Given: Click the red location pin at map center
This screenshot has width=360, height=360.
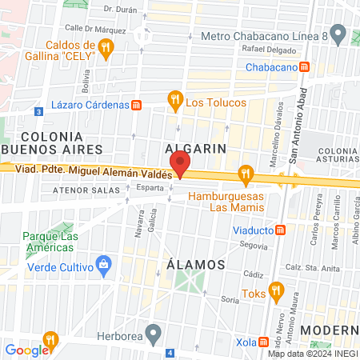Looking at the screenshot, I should [180, 163].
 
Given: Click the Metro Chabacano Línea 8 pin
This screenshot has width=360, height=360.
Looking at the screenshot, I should [338, 35].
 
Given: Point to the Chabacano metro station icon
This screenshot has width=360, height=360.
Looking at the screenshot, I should [303, 67].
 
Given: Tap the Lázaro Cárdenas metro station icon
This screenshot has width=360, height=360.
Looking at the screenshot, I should [136, 105].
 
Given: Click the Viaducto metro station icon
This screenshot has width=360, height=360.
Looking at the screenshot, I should [280, 230].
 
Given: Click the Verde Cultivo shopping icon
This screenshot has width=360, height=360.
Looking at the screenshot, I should [102, 265].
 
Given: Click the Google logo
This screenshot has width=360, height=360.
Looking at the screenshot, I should [26, 350].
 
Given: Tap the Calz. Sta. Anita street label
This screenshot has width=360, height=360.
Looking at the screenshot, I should [311, 267].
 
